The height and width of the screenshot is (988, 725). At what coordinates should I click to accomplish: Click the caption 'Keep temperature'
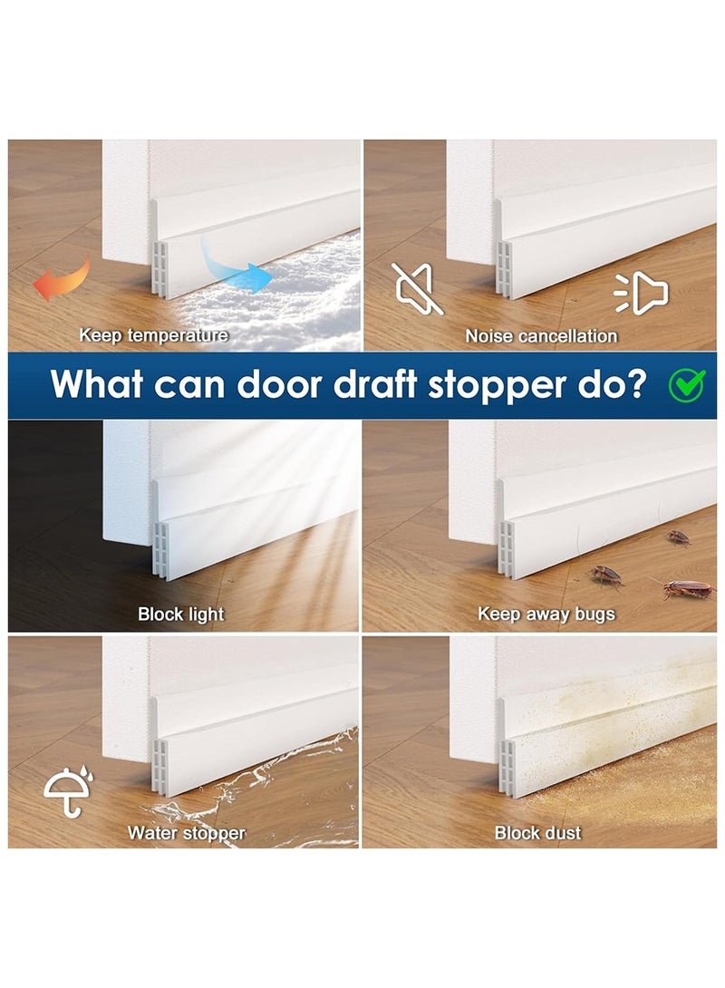(x=153, y=335)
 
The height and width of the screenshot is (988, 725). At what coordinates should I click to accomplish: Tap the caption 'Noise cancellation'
(x=541, y=336)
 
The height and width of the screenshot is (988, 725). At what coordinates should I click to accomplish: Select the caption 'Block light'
(x=180, y=615)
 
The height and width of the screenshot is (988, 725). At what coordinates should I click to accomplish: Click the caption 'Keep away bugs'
(x=546, y=615)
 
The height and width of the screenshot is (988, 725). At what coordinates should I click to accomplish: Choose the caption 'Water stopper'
(x=186, y=832)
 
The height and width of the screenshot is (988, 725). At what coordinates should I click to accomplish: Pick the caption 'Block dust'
(x=538, y=832)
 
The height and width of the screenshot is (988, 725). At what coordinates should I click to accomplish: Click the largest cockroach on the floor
(x=687, y=589)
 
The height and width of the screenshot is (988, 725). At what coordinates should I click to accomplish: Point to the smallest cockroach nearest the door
(x=679, y=538)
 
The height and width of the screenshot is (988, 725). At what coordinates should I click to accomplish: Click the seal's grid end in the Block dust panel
(x=510, y=768)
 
